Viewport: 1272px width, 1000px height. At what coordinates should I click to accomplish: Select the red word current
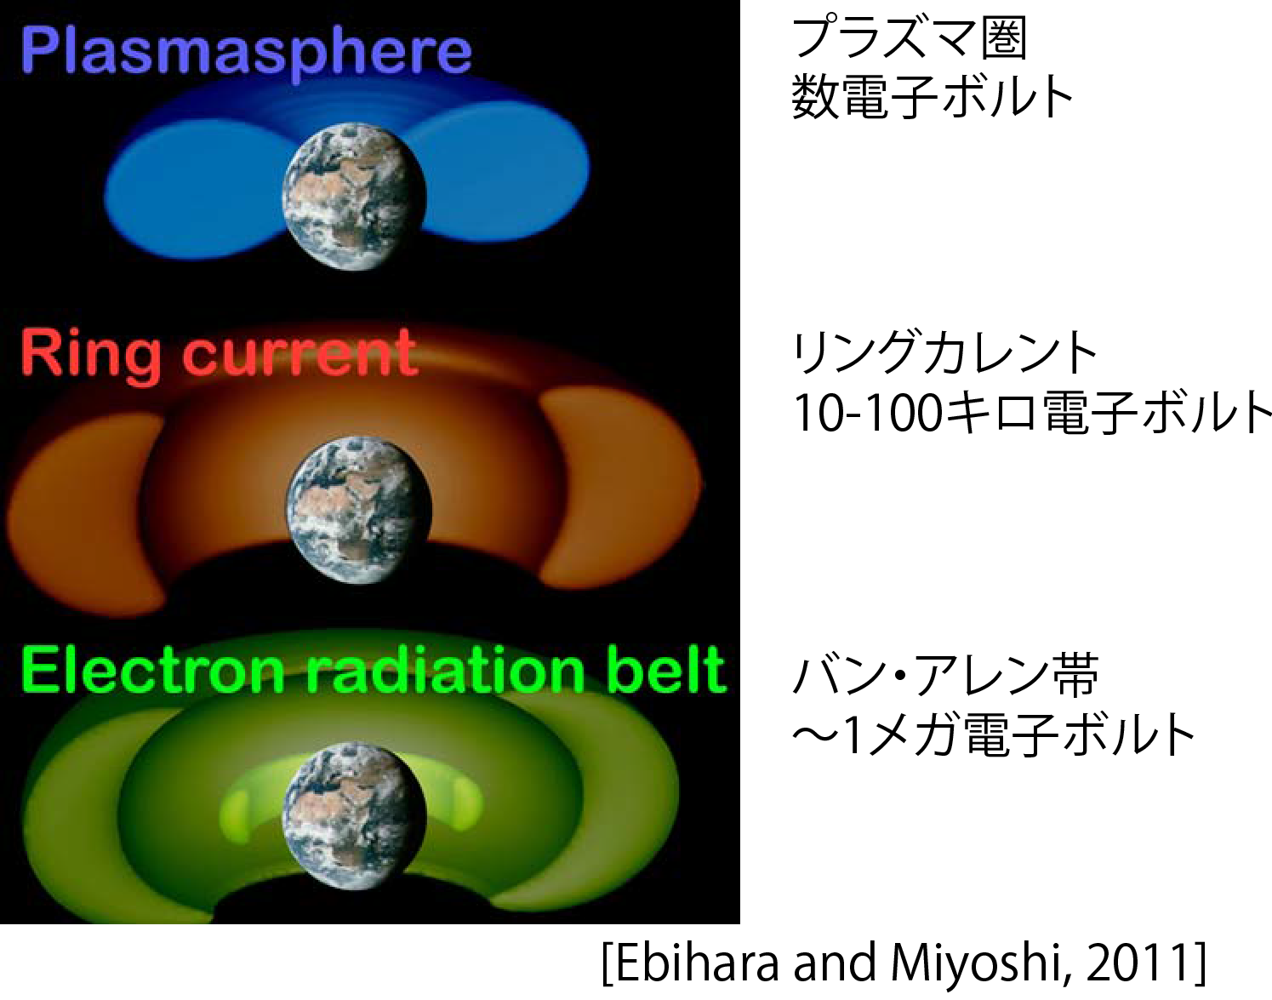pos(300,354)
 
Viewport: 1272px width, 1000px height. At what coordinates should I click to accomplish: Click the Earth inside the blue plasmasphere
pos(355,196)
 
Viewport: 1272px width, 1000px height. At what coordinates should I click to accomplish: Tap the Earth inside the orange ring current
pos(359,511)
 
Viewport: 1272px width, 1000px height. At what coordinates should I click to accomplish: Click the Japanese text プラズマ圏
pos(910,40)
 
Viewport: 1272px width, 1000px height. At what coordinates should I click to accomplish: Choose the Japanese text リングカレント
pos(944,354)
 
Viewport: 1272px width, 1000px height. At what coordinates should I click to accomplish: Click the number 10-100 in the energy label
pos(868,414)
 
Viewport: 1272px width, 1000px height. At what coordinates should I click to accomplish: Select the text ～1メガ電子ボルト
pos(993,734)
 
